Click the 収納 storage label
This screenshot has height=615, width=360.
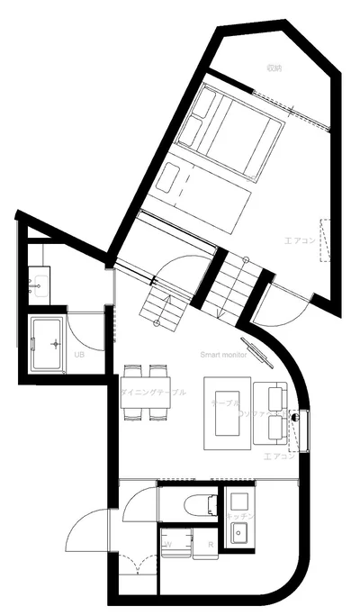point(275,68)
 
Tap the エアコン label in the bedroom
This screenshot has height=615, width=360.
point(300,240)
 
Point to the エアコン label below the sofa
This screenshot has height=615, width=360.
point(279,457)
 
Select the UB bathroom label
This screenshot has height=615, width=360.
point(78,353)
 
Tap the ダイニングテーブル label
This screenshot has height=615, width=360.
point(154,393)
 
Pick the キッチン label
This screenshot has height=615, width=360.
point(241,515)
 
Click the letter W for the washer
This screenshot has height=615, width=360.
point(168,545)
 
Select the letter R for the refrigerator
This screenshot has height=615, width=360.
point(210,545)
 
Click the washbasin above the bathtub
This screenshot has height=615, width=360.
point(38,287)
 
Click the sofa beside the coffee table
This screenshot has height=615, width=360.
point(270,413)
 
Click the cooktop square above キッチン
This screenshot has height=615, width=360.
point(238,501)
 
